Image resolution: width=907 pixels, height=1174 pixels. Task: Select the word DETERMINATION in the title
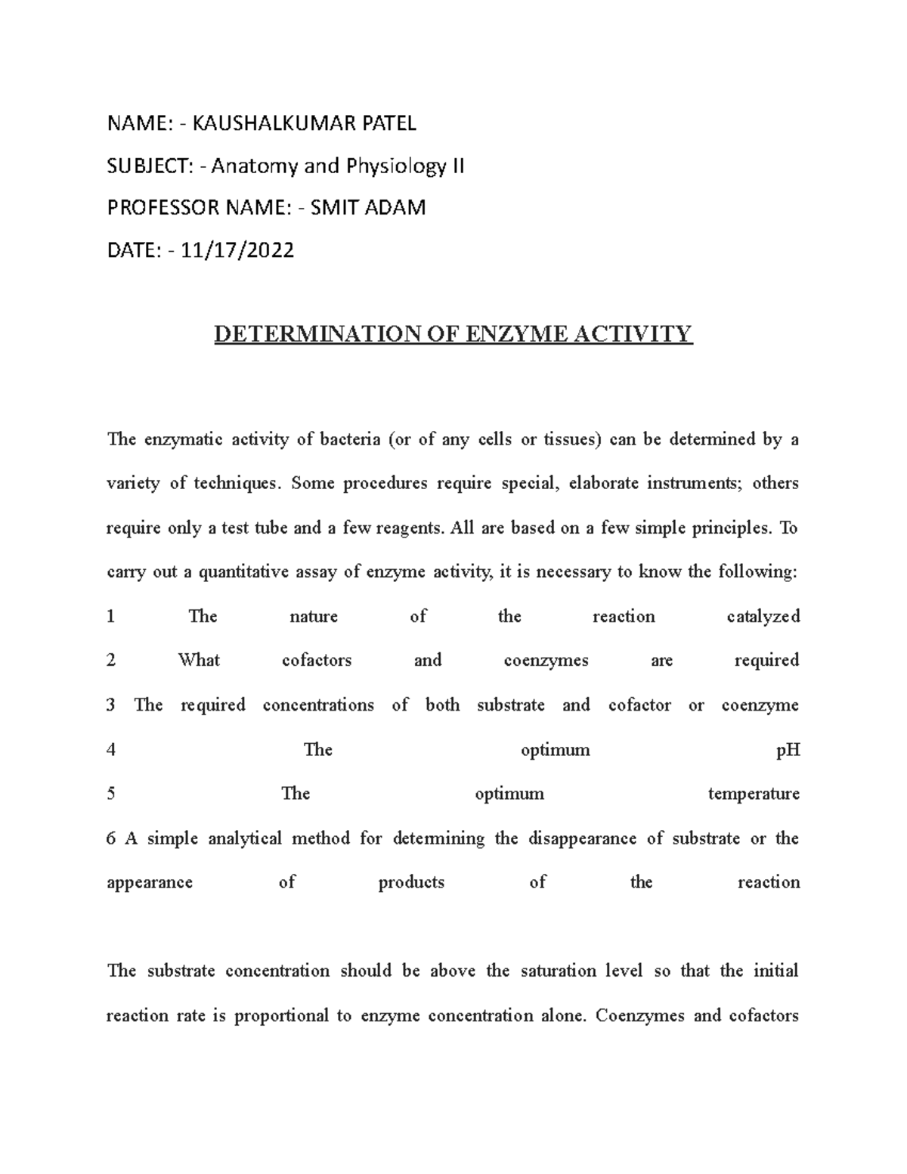[x=315, y=333]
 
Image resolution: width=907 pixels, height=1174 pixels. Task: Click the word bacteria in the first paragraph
[x=350, y=440]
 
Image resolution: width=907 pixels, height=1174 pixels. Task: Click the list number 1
[x=111, y=617]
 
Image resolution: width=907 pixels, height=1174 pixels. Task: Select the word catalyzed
[x=763, y=617]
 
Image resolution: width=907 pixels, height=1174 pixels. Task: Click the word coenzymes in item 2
[x=546, y=661]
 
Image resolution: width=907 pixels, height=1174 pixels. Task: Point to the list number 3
[x=111, y=705]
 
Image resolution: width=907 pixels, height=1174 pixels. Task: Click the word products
[x=411, y=882]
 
